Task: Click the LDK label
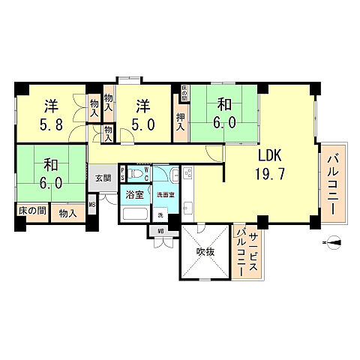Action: coord(271,156)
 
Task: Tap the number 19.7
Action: coord(271,173)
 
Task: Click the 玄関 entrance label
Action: coord(103,178)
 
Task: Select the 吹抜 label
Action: coord(206,251)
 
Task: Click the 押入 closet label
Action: coord(181,121)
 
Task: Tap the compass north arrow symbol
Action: coord(334,242)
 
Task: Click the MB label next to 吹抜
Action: coord(160,231)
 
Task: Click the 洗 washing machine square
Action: coord(160,215)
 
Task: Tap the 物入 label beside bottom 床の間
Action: coord(67,214)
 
